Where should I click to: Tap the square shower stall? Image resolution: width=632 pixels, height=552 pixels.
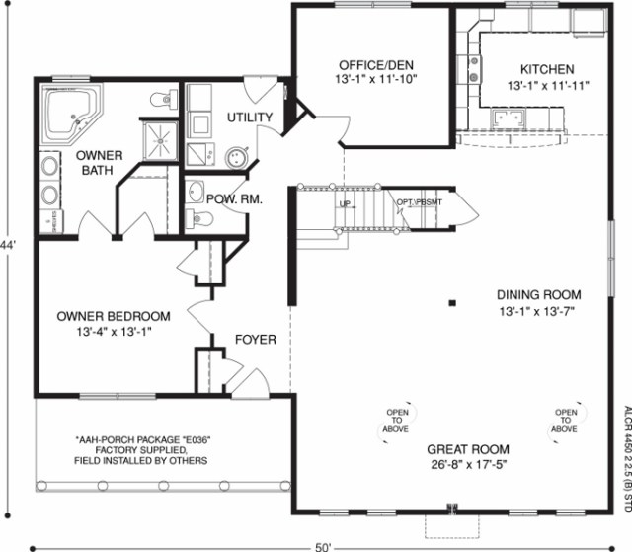[x=160, y=142]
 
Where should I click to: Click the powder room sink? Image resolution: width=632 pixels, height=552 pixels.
[x=195, y=192]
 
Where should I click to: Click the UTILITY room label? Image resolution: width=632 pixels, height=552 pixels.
[x=249, y=118]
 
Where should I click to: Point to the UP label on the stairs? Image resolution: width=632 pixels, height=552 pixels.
[x=345, y=204]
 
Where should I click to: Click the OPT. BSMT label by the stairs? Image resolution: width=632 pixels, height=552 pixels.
[x=421, y=202]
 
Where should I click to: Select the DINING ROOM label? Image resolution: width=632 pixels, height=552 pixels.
[x=538, y=294]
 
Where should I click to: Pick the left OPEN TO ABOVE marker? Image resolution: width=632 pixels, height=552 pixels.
[x=398, y=421]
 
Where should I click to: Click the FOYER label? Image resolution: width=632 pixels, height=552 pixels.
[x=255, y=340]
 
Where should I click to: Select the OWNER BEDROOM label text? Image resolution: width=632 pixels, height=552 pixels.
[x=114, y=316]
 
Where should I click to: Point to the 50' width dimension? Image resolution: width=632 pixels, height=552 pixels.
[x=322, y=545]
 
